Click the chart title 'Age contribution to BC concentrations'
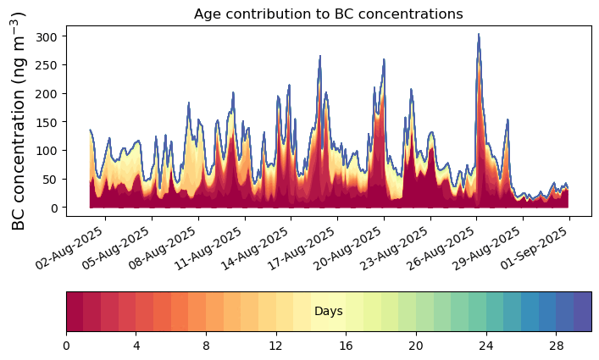click(328, 14)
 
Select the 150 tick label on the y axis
click(49, 122)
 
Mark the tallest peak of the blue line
click(479, 35)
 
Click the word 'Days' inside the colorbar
click(328, 312)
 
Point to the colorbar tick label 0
click(66, 346)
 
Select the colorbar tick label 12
click(276, 346)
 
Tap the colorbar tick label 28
click(556, 346)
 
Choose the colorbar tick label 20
click(416, 346)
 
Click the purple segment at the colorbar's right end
click(582, 312)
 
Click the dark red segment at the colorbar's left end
click(75, 312)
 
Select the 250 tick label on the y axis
click(49, 65)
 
